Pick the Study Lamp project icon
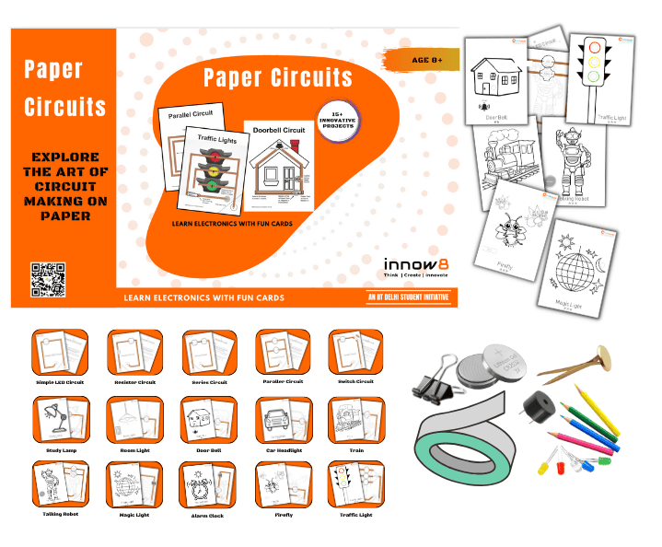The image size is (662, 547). tap(60, 420)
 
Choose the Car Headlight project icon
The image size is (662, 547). tap(284, 420)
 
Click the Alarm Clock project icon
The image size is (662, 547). tap(209, 484)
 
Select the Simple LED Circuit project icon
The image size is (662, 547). tap(60, 352)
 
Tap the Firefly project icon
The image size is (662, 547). tap(284, 484)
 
